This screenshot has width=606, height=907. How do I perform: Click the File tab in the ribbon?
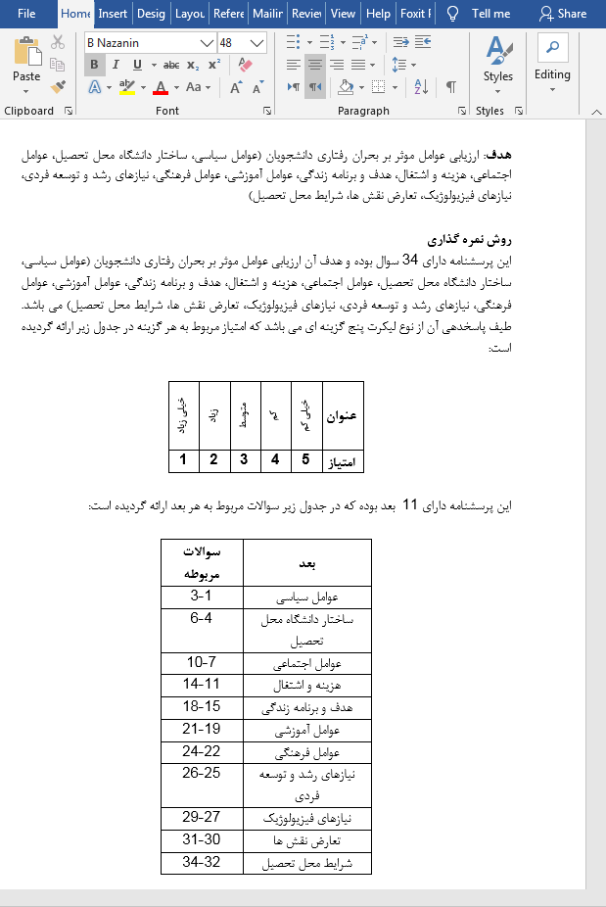pos(26,14)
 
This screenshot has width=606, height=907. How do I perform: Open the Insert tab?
pos(113,14)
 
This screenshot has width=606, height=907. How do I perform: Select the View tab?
pos(343,14)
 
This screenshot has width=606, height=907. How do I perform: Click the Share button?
pos(563,14)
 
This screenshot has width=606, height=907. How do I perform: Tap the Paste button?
pos(26,63)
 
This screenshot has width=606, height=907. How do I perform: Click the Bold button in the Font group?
pos(94,65)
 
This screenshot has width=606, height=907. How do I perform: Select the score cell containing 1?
pos(183,459)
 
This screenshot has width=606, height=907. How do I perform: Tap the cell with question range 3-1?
pos(201,596)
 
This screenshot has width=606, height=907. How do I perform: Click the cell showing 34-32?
pos(201,863)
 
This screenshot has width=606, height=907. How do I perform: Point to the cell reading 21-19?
pos(201,729)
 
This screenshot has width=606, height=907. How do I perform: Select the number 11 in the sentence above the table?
pos(411,505)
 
